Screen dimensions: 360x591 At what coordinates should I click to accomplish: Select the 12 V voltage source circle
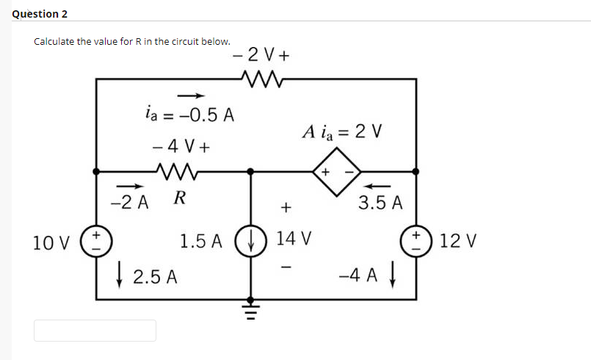tap(416, 240)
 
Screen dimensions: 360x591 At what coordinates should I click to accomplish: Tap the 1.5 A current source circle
tap(251, 240)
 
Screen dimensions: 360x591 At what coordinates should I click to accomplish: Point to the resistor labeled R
tap(178, 171)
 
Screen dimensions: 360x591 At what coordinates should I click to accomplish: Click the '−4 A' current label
tap(358, 277)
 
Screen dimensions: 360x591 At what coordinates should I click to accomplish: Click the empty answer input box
tap(95, 331)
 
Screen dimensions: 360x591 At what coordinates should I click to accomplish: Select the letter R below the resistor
tap(178, 198)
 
